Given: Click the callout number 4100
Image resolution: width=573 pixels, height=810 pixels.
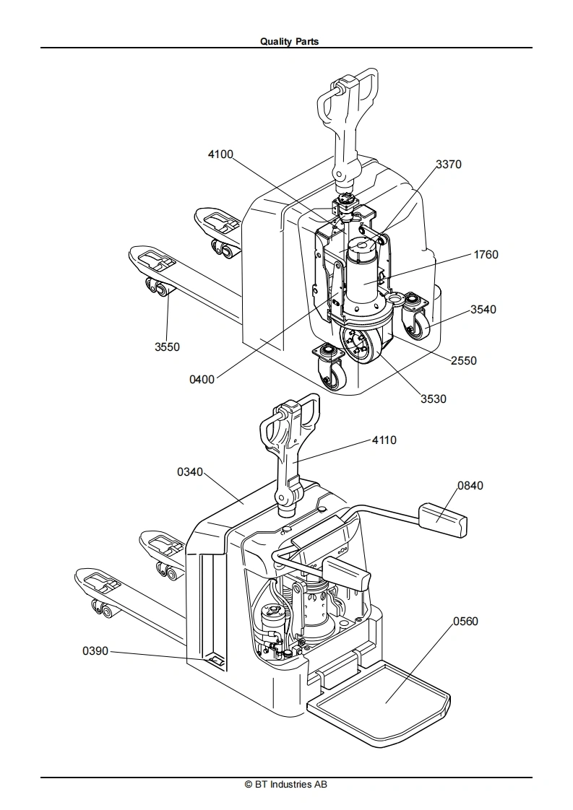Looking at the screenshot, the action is point(220,154).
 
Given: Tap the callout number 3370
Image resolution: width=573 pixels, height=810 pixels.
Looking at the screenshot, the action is point(449,165).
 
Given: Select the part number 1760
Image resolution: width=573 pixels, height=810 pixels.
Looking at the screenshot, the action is point(486,255).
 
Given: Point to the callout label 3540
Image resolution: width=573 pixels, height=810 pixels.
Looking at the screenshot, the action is point(483,310).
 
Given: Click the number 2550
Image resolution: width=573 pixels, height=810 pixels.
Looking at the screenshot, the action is point(463,360).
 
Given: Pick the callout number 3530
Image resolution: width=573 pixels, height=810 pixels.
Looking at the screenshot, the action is point(434,399).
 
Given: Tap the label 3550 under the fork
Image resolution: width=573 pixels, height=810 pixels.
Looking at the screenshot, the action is point(168,347).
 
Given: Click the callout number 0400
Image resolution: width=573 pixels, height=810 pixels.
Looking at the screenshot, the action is point(202,380).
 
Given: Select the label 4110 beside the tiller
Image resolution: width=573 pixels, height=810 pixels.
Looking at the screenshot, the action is point(384,440).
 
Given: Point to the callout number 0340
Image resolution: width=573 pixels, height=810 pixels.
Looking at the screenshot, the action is point(190,472).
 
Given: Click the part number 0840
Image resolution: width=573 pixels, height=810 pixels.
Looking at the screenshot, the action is point(470,486).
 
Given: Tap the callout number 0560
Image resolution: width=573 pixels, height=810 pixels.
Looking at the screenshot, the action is point(465,622).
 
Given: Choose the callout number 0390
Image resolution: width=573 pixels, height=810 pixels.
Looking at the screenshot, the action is point(95,651).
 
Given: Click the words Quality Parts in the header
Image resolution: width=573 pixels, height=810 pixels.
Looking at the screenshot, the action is point(290,41).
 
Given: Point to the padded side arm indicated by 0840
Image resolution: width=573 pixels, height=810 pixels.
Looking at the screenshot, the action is point(442,518).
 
